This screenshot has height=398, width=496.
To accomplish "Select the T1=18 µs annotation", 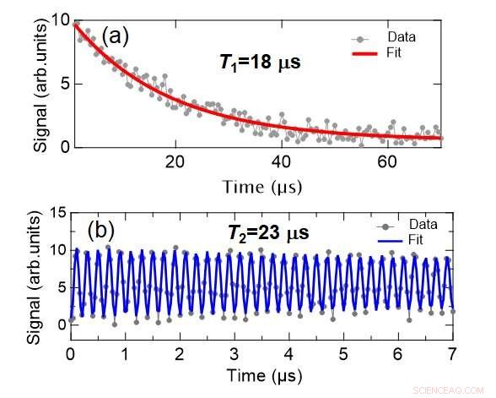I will (252, 63).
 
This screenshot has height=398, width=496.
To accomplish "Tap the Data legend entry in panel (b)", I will (407, 226).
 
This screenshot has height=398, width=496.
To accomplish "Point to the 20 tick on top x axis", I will (175, 161).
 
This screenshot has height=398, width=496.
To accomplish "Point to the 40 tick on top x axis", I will (281, 161).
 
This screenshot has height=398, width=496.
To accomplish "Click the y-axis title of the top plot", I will (40, 83).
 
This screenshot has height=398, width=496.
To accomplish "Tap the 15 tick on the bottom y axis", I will (56, 214).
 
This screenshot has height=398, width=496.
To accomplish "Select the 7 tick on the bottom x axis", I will (451, 351).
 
